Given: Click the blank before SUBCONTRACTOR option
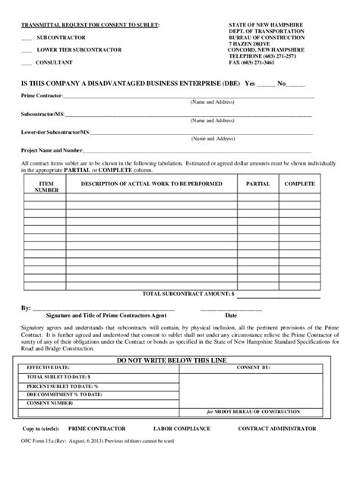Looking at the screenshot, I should [x=27, y=38].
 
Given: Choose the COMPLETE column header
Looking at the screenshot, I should [x=299, y=184].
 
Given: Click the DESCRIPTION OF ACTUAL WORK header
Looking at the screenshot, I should [x=148, y=184].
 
